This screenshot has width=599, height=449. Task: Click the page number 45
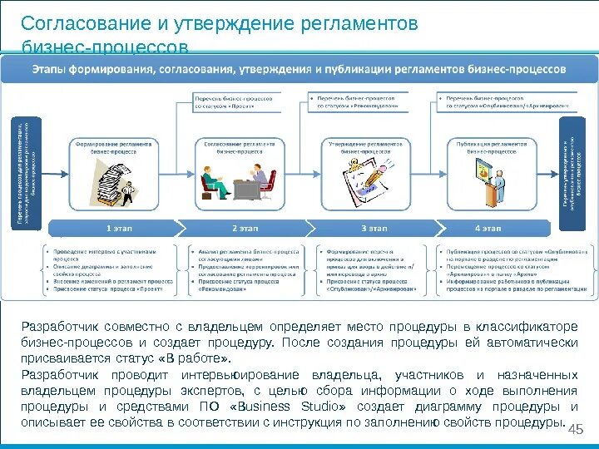pos(574,427)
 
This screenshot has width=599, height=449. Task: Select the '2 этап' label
pos(245,227)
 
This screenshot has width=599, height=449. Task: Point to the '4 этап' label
pos(488,227)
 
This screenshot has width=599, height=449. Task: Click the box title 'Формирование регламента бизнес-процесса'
pos(114,148)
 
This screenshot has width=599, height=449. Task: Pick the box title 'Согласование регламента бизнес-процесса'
pos(240,148)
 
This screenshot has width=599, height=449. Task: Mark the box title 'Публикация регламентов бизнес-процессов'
pos(492,148)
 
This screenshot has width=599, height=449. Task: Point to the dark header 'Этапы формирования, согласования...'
pos(299,70)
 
